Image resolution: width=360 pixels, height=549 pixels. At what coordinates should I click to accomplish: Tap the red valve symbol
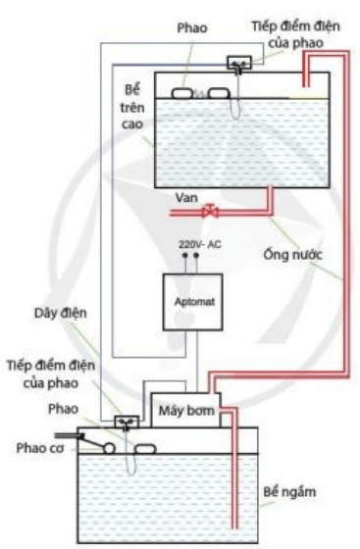208,210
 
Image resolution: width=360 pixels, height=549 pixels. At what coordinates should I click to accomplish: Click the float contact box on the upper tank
238,65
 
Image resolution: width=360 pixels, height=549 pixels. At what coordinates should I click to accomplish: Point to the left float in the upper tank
183,93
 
